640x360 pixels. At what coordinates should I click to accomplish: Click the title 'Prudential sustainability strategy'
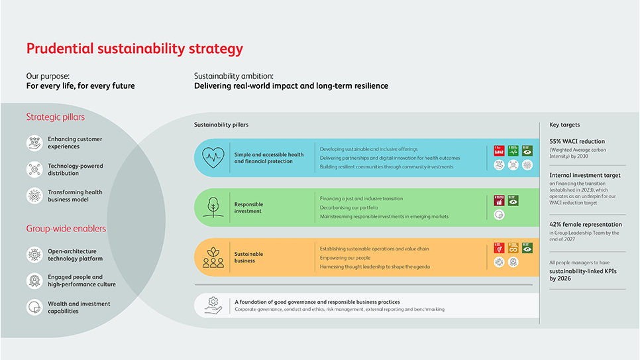(134, 49)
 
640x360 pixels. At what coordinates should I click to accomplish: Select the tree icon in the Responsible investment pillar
(213, 207)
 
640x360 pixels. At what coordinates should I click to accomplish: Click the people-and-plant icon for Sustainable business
(213, 257)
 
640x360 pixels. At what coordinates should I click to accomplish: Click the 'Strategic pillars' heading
(55, 117)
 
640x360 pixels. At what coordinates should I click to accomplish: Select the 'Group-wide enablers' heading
(66, 229)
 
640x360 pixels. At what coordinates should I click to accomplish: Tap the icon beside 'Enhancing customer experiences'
(34, 143)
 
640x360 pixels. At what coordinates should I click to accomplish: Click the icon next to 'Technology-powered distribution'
(34, 170)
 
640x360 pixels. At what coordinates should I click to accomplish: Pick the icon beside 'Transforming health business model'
(34, 196)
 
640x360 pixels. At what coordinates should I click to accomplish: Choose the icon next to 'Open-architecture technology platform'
(34, 255)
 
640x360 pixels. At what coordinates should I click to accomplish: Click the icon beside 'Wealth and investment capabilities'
(34, 308)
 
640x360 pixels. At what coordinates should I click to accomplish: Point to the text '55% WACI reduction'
(577, 141)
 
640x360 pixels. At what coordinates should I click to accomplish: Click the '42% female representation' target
(586, 224)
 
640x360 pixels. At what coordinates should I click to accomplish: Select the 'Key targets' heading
(564, 125)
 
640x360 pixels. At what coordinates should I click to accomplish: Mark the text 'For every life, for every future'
(80, 86)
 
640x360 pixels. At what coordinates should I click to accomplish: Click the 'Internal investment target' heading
(584, 175)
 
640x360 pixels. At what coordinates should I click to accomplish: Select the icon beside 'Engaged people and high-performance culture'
(34, 281)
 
